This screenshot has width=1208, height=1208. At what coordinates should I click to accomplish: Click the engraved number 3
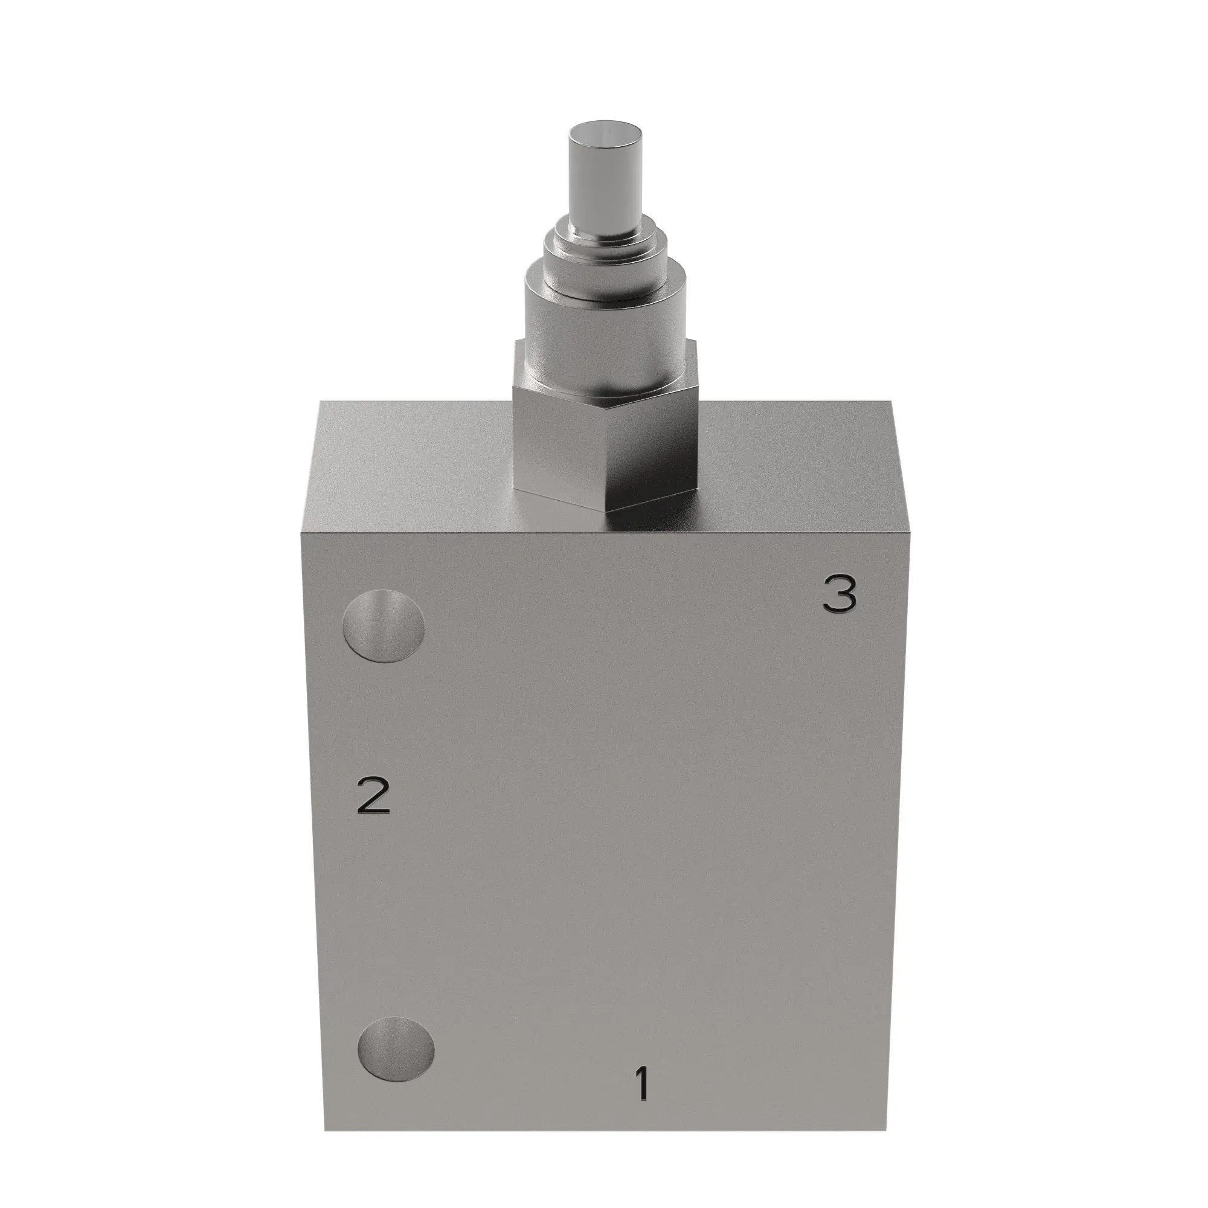(x=838, y=594)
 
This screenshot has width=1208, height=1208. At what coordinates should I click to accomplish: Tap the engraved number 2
(x=373, y=795)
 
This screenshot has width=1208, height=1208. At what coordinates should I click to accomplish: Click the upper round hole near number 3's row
(x=384, y=626)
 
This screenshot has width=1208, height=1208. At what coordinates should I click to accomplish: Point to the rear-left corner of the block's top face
(x=320, y=402)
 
